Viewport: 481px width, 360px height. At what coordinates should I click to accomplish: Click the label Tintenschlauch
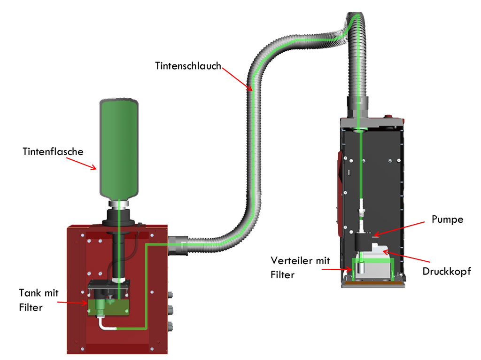pos(188,66)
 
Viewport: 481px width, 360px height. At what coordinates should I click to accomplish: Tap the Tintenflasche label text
pos(53,152)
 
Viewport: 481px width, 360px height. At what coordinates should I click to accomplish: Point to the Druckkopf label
pos(446,271)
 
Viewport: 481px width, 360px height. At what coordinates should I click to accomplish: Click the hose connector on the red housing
pos(177,244)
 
